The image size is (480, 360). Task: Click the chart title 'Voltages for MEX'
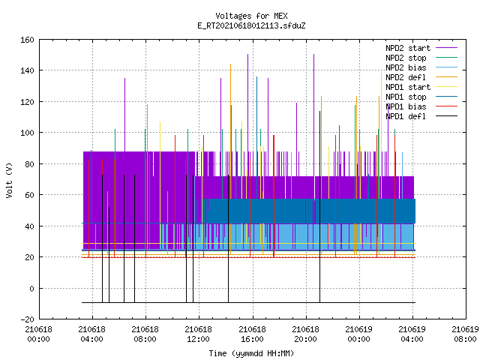[x=251, y=16]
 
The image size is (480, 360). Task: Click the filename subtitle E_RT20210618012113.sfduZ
[x=251, y=25]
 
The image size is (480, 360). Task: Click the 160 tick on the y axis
[x=27, y=40]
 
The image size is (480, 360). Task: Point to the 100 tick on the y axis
[x=27, y=133]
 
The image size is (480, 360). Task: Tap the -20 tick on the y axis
[x=27, y=319]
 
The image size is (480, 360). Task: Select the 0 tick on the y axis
[x=31, y=289]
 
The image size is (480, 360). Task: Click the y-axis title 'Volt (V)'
[x=9, y=180]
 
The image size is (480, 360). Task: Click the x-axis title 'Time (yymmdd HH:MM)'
[x=251, y=353]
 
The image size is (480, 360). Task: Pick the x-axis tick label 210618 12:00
[x=198, y=334]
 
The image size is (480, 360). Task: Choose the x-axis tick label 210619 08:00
[x=465, y=334]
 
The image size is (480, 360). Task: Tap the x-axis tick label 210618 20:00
[x=305, y=334]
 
